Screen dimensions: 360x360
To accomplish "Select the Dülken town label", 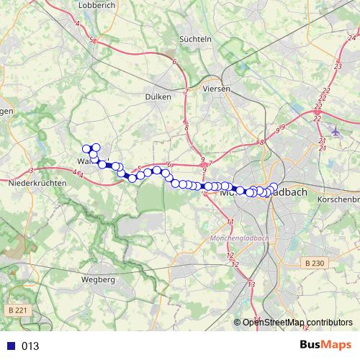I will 158,96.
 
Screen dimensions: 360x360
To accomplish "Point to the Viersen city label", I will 216,89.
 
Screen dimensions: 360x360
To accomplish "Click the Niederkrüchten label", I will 37,183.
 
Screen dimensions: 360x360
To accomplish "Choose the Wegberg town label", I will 99,279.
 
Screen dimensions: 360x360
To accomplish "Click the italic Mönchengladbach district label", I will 238,238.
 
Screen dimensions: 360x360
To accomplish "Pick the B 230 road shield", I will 314,264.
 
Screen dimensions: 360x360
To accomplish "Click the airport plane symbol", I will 336,131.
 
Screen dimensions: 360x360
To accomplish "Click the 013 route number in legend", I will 30,346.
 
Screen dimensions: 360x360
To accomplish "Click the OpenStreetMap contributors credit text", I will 297,322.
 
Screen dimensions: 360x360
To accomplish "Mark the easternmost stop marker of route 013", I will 274,188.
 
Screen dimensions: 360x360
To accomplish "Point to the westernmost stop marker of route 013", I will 86,149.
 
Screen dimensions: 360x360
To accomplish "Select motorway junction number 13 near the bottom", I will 251,286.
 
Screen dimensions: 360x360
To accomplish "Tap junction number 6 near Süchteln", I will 174,63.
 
